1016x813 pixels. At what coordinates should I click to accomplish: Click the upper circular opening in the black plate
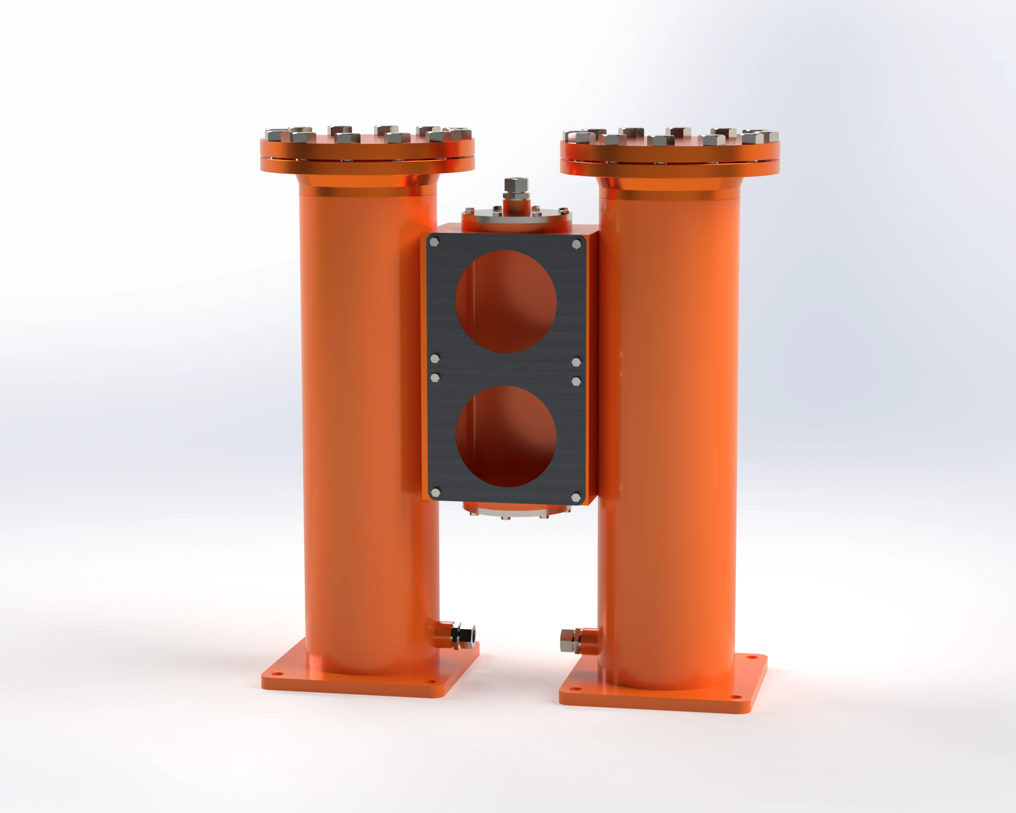[x=506, y=301]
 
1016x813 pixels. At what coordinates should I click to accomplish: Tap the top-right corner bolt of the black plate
[x=576, y=244]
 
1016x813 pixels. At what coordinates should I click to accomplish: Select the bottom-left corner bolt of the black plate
[x=435, y=493]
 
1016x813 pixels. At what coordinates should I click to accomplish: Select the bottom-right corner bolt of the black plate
[x=576, y=497]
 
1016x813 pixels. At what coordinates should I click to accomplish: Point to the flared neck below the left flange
[x=368, y=184]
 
